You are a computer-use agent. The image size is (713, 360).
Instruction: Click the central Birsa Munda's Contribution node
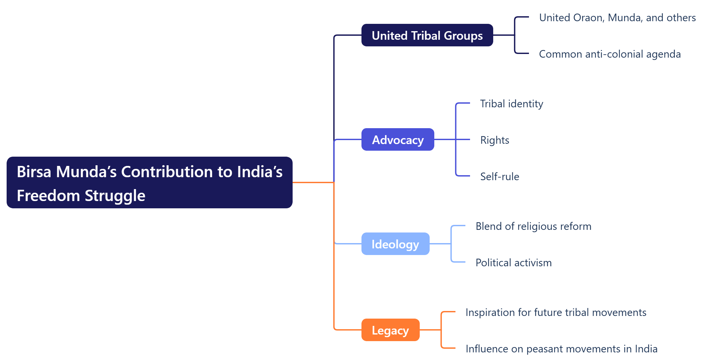coord(149,182)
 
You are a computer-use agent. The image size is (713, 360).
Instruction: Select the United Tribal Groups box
coord(427,35)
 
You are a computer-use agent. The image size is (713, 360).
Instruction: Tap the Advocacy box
coord(398,140)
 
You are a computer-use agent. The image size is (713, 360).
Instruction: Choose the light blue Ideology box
coord(395,244)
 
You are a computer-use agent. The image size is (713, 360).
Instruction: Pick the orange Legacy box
coord(390,330)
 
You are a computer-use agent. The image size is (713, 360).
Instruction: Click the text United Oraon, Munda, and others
coord(617,18)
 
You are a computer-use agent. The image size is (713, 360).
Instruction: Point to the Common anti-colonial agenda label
coord(610,54)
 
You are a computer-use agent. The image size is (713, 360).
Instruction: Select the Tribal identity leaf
coord(511,104)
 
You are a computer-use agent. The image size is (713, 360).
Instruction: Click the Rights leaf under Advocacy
coord(495,140)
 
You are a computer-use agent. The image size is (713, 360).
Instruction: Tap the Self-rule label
coord(499,177)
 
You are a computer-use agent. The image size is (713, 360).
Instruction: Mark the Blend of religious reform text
coord(533,226)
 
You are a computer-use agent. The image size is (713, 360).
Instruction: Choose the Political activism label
coord(513,263)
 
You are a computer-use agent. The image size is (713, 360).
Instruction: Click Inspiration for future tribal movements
coord(556,312)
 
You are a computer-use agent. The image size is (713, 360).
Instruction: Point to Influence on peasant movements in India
coord(561,349)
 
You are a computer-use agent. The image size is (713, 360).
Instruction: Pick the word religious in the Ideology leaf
coord(537,226)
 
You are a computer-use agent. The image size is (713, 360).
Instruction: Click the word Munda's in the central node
coord(86,172)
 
